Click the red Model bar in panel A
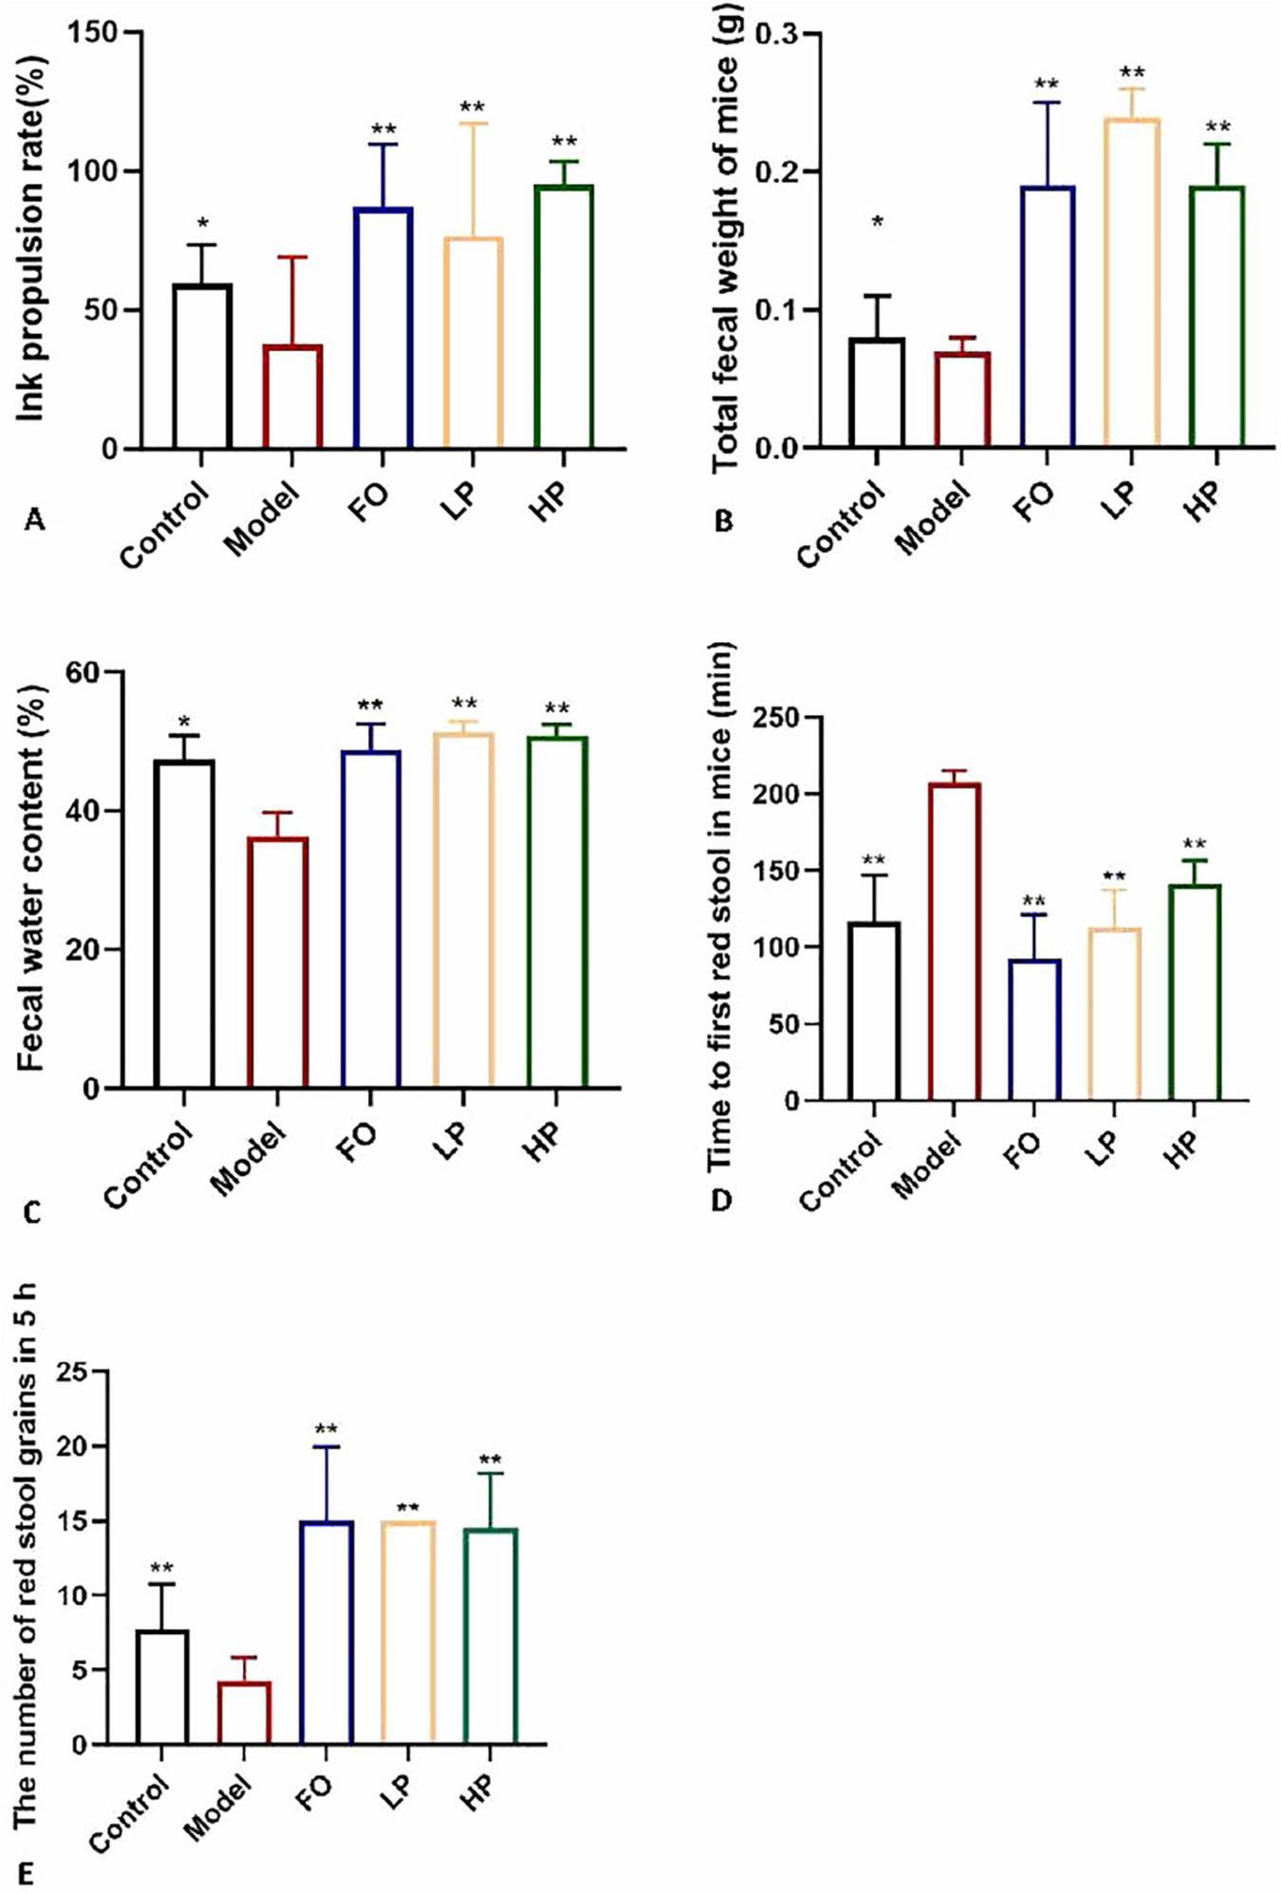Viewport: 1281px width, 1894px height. point(292,396)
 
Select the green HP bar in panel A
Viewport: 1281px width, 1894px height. point(564,317)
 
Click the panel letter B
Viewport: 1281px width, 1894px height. point(723,522)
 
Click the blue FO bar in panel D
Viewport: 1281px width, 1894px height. point(1034,1030)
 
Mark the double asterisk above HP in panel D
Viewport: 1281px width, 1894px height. point(1194,844)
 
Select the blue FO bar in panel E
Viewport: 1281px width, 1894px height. point(325,1632)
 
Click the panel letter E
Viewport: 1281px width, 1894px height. point(27,1875)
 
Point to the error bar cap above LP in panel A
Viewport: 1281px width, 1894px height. point(473,123)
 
